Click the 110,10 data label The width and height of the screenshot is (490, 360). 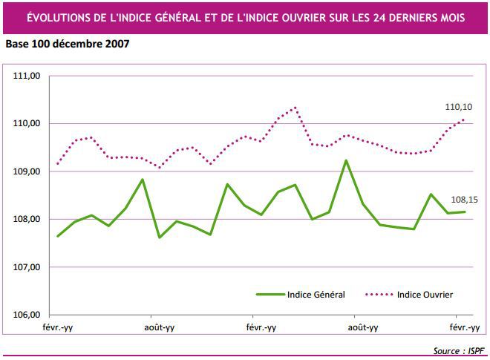click(x=458, y=107)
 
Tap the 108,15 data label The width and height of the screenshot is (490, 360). click(x=465, y=200)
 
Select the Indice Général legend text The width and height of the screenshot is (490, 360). click(x=316, y=295)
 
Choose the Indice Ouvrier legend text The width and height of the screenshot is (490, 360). click(x=425, y=295)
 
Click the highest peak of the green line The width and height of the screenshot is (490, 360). click(x=346, y=160)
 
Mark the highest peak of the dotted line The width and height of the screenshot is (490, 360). click(x=295, y=108)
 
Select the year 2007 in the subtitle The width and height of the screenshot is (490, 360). click(x=117, y=44)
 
